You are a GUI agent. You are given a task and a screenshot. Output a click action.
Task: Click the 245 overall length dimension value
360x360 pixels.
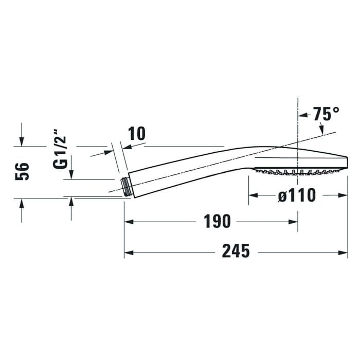pos(236,251)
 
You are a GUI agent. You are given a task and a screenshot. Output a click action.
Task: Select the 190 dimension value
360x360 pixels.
pos(216,222)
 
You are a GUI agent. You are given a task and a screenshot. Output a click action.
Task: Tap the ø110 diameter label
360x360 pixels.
pos(297,195)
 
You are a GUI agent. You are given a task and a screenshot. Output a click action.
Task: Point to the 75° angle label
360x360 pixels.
pos(327,114)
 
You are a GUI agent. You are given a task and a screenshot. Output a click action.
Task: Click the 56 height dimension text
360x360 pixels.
pos(22,171)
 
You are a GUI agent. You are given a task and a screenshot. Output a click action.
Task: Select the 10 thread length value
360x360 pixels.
pos(136,134)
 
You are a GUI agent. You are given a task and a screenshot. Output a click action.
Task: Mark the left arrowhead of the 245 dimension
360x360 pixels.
pos(128,253)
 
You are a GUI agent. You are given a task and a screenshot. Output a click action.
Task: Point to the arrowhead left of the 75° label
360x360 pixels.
pos(302,114)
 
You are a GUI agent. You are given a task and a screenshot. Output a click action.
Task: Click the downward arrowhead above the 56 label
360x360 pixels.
pos(22,141)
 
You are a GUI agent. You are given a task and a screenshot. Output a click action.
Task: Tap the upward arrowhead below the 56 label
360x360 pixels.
pos(22,203)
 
